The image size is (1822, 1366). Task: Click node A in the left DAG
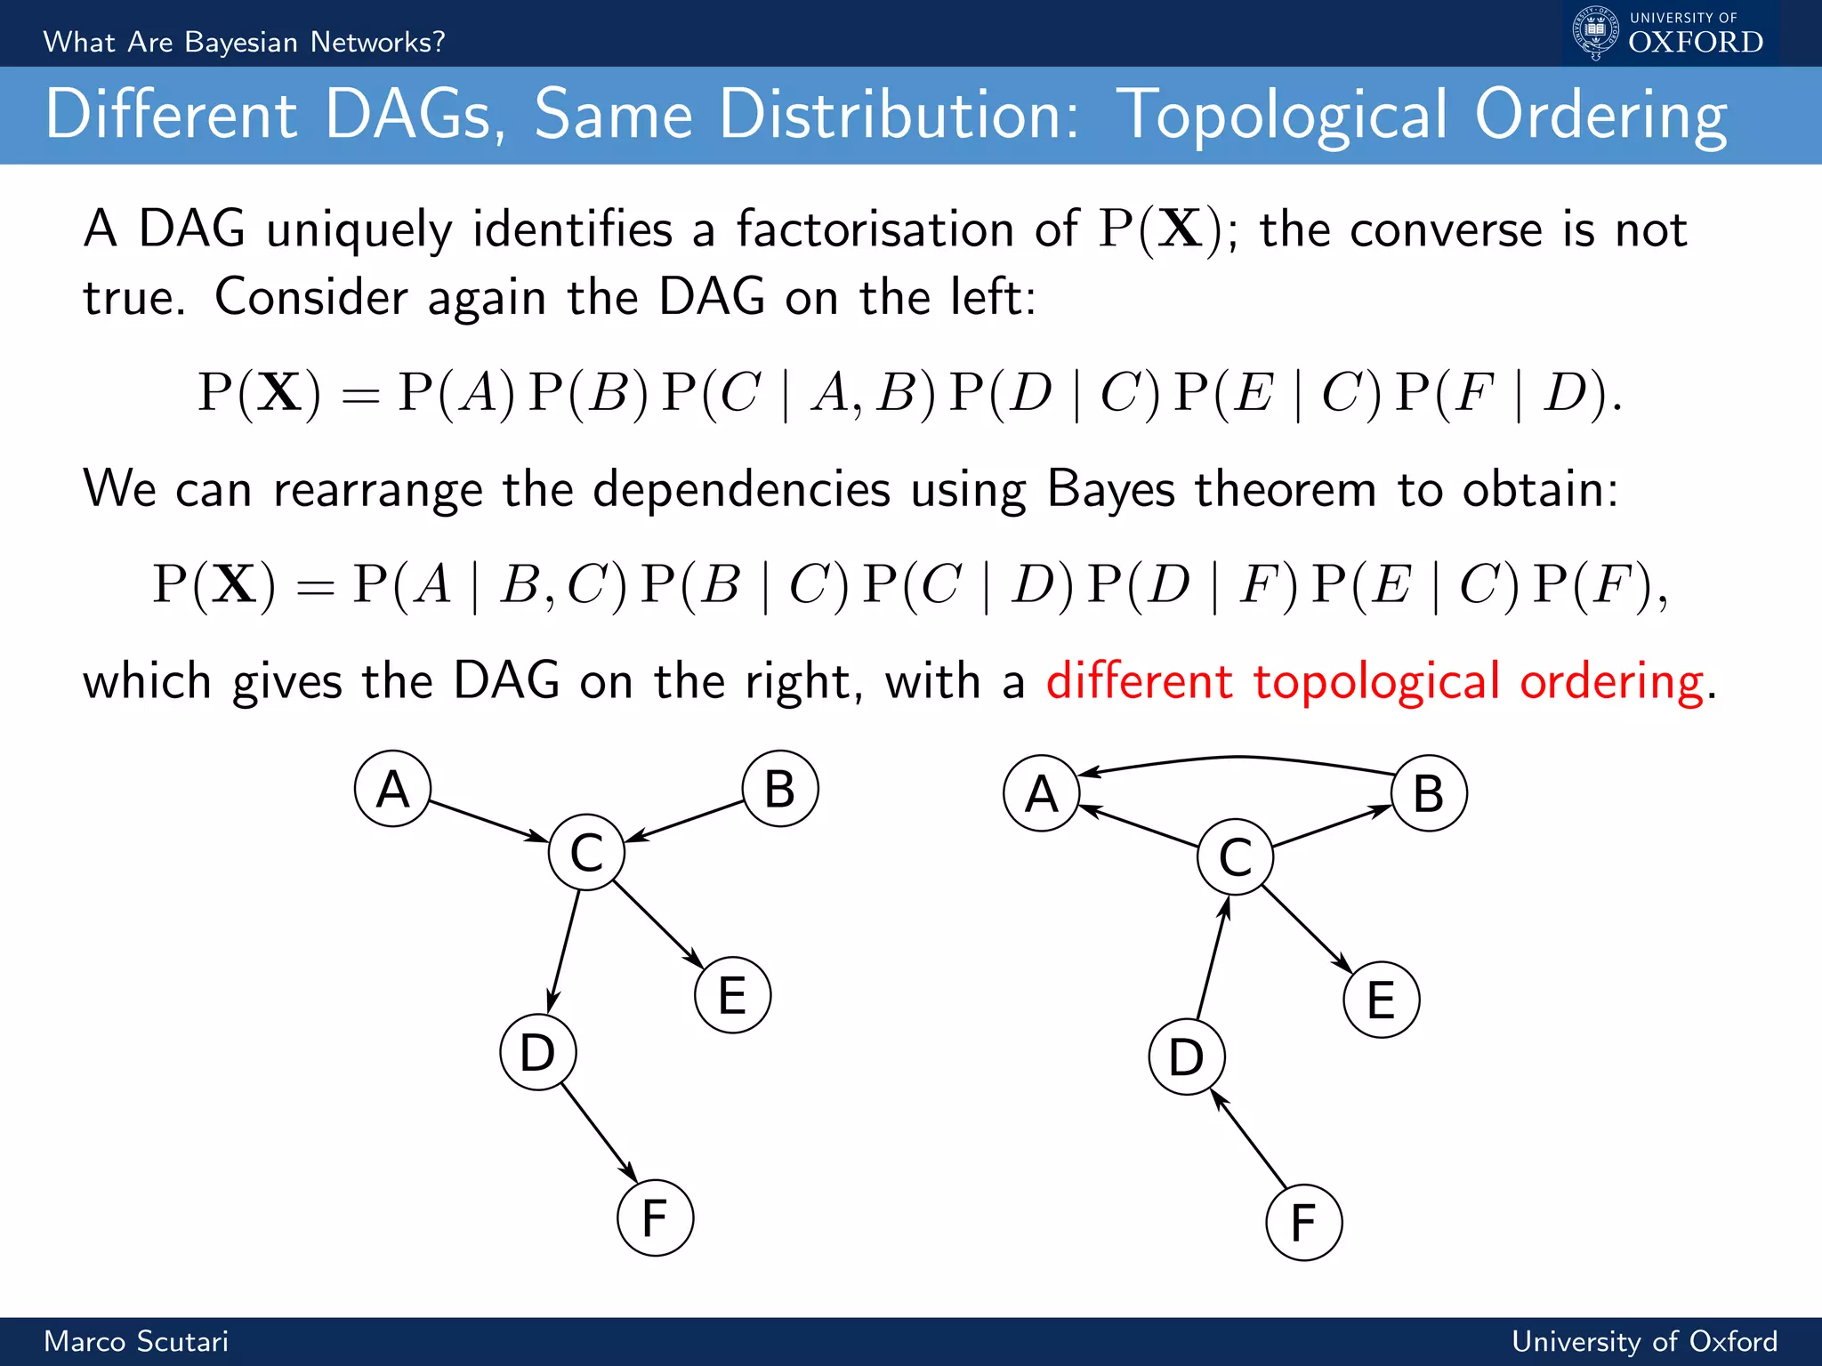392,789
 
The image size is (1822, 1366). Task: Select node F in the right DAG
1303,1223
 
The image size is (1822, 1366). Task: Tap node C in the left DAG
586,852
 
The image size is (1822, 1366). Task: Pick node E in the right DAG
1381,1000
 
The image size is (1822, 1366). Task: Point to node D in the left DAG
538,1052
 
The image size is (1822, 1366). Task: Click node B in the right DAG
1429,793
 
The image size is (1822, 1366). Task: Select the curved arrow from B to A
1237,759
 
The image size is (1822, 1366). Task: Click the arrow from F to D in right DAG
1250,1139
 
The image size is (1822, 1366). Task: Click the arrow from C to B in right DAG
1332,826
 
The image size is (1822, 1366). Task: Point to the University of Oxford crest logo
1595,33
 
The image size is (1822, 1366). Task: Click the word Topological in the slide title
1282,115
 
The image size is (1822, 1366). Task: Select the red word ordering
1611,682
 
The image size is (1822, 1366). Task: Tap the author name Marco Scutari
136,1341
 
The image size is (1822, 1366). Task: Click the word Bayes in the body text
1110,489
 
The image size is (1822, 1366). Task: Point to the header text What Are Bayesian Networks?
244,42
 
